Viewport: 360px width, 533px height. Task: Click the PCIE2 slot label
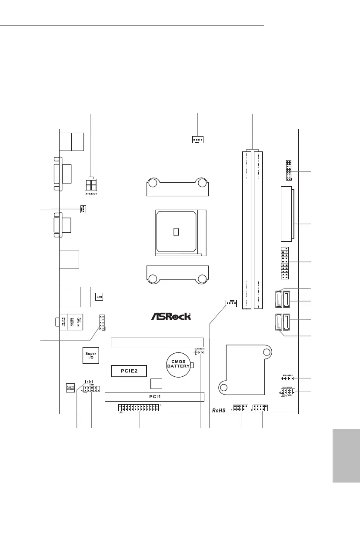point(128,371)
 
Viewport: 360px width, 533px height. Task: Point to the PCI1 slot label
point(154,396)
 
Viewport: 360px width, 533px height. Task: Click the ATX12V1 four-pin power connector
point(91,184)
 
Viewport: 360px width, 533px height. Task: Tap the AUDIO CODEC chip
point(70,387)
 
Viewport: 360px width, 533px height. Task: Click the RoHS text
point(220,410)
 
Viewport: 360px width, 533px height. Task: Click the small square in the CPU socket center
point(176,231)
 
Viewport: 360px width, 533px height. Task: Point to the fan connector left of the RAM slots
point(230,303)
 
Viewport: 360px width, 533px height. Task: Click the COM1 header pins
point(92,390)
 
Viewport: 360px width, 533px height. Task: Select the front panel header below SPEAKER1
point(288,392)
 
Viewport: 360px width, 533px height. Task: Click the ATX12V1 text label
point(91,194)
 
